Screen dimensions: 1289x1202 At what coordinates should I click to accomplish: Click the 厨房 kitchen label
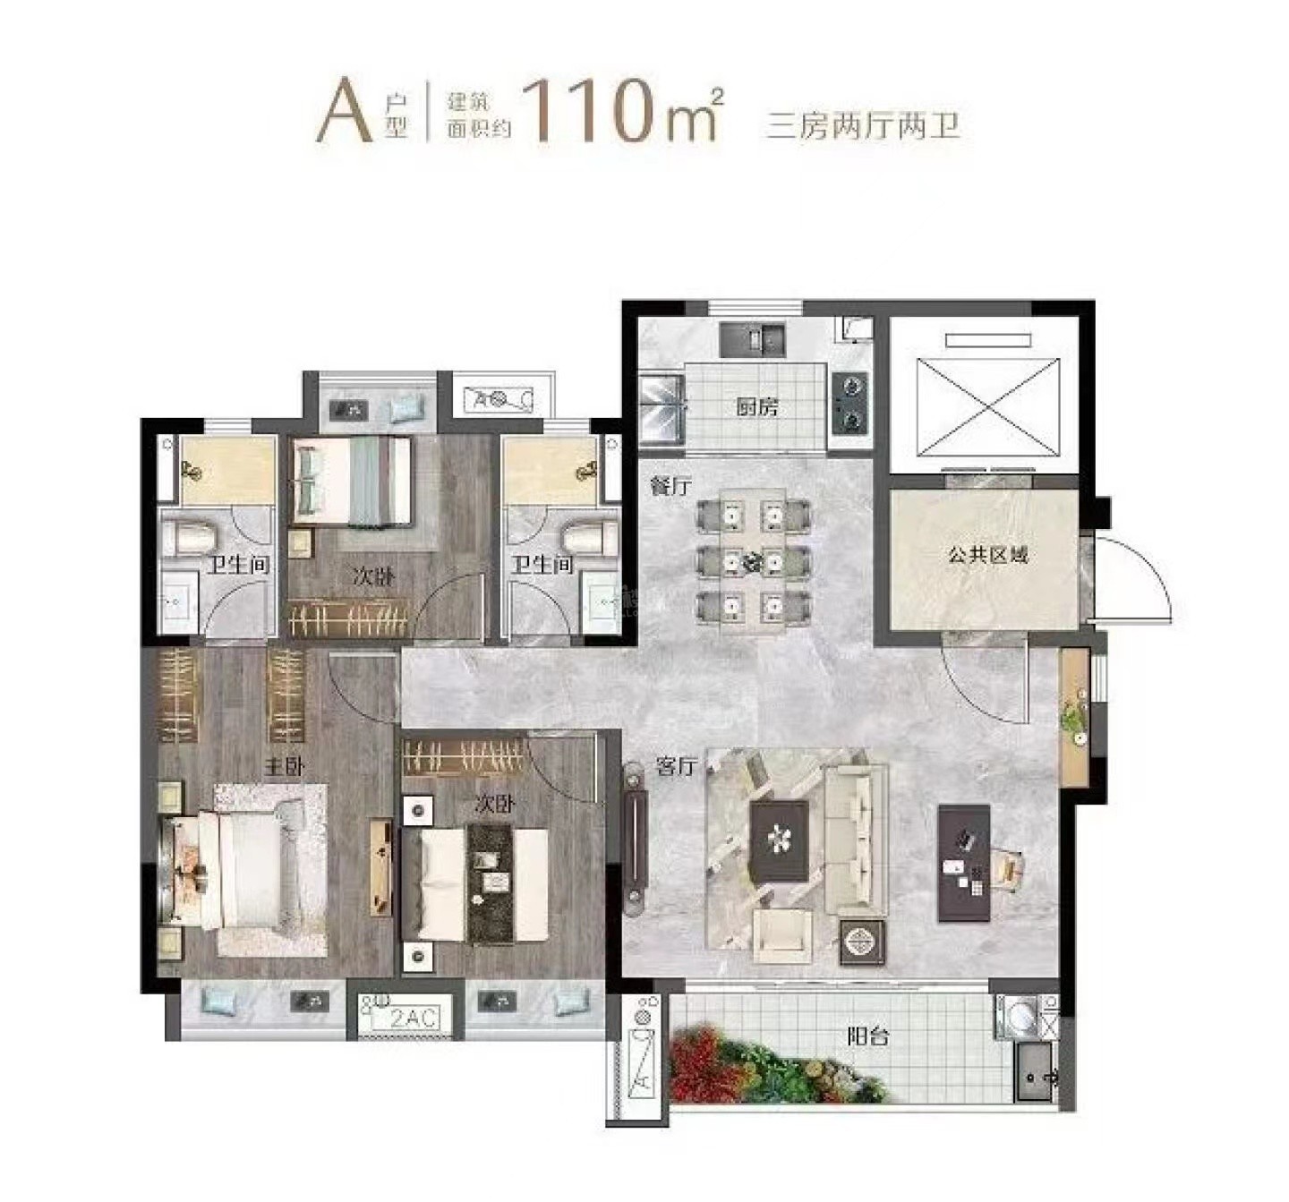pos(756,407)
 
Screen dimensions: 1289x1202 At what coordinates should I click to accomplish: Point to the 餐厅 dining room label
pos(671,486)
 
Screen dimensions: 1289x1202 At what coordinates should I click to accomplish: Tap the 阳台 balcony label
pos(867,1037)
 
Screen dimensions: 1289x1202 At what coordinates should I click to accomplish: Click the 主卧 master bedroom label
pos(284,767)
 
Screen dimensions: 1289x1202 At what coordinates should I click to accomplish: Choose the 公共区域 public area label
pos(988,555)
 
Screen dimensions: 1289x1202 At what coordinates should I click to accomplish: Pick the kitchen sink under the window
pos(753,339)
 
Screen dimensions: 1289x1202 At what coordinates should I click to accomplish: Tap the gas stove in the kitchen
pos(851,403)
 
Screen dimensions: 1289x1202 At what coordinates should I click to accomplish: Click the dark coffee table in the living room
pos(779,841)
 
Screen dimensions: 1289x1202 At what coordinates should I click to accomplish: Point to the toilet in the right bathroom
pos(589,536)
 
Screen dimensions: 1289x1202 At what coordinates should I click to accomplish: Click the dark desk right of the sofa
pos(964,863)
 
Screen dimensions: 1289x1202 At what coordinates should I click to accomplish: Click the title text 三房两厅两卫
pos(863,125)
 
